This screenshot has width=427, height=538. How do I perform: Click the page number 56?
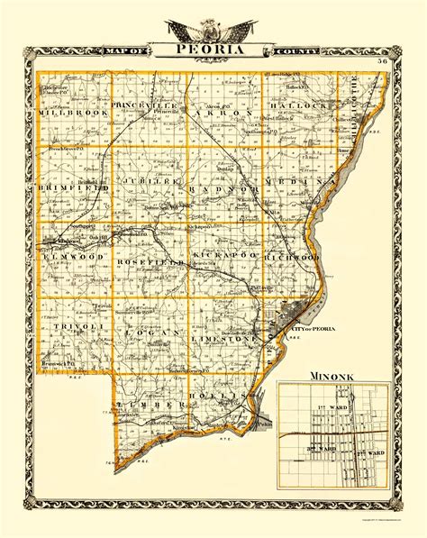(x=382, y=60)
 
